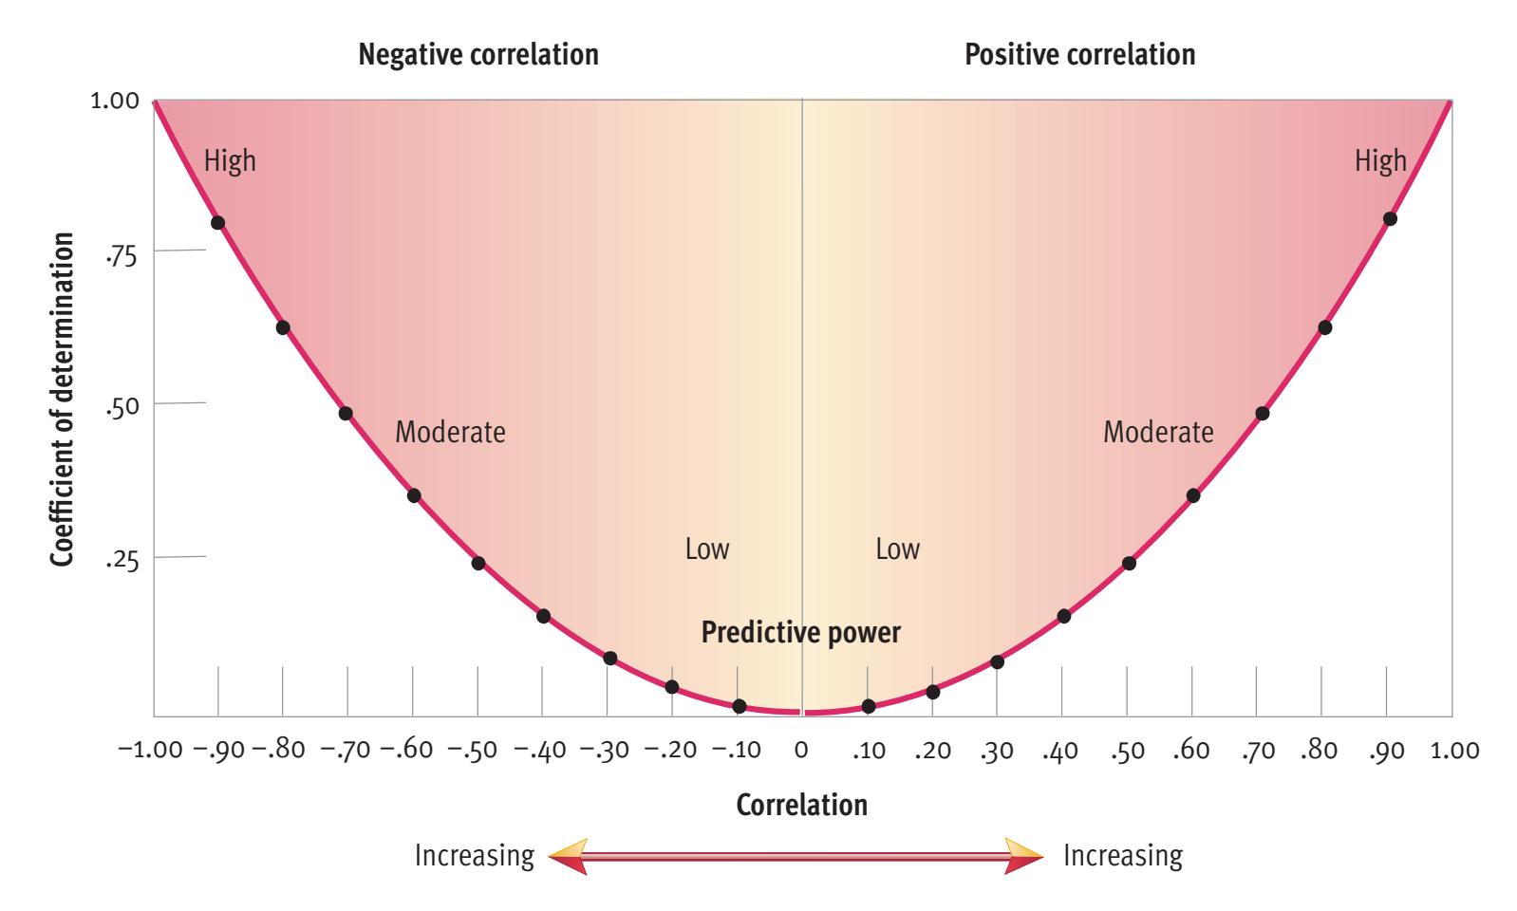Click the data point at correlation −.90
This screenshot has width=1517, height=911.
pos(217,223)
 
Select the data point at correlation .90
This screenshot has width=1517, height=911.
pos(1390,218)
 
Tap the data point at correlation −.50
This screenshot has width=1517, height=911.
pos(478,563)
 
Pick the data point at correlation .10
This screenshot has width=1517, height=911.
pos(868,706)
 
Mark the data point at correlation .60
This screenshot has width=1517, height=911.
pos(1193,495)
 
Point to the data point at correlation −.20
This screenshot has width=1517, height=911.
pos(672,686)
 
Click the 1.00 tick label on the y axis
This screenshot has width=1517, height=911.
pos(114,102)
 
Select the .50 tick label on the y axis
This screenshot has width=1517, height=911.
pos(122,406)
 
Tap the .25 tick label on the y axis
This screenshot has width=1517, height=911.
pos(122,560)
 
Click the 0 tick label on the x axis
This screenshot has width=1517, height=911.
pos(801,751)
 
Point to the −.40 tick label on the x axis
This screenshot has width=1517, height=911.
pos(541,751)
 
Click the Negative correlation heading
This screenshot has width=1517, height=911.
pos(478,55)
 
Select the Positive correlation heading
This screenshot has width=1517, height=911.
pos(1079,55)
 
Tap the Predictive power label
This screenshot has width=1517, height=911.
pos(800,632)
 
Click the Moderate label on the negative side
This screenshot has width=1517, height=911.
pos(450,433)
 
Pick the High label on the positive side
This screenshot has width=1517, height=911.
pos(1380,161)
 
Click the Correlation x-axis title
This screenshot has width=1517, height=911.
pos(801,805)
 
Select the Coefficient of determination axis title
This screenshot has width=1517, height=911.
pos(63,401)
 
